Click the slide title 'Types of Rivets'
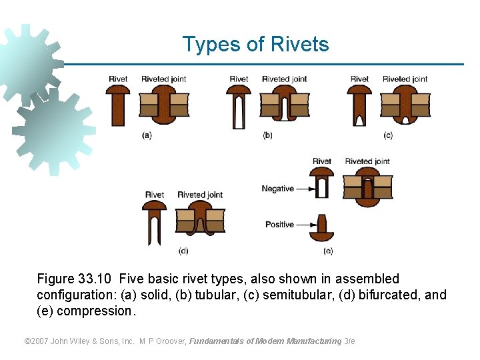[255, 45]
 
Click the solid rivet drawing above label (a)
[118, 107]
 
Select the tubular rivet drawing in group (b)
[239, 107]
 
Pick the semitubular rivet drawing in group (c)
[359, 107]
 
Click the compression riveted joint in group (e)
[367, 187]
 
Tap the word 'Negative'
[277, 189]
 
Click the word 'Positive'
[279, 225]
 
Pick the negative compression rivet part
[322, 183]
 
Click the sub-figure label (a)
[147, 135]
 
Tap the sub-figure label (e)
[328, 251]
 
